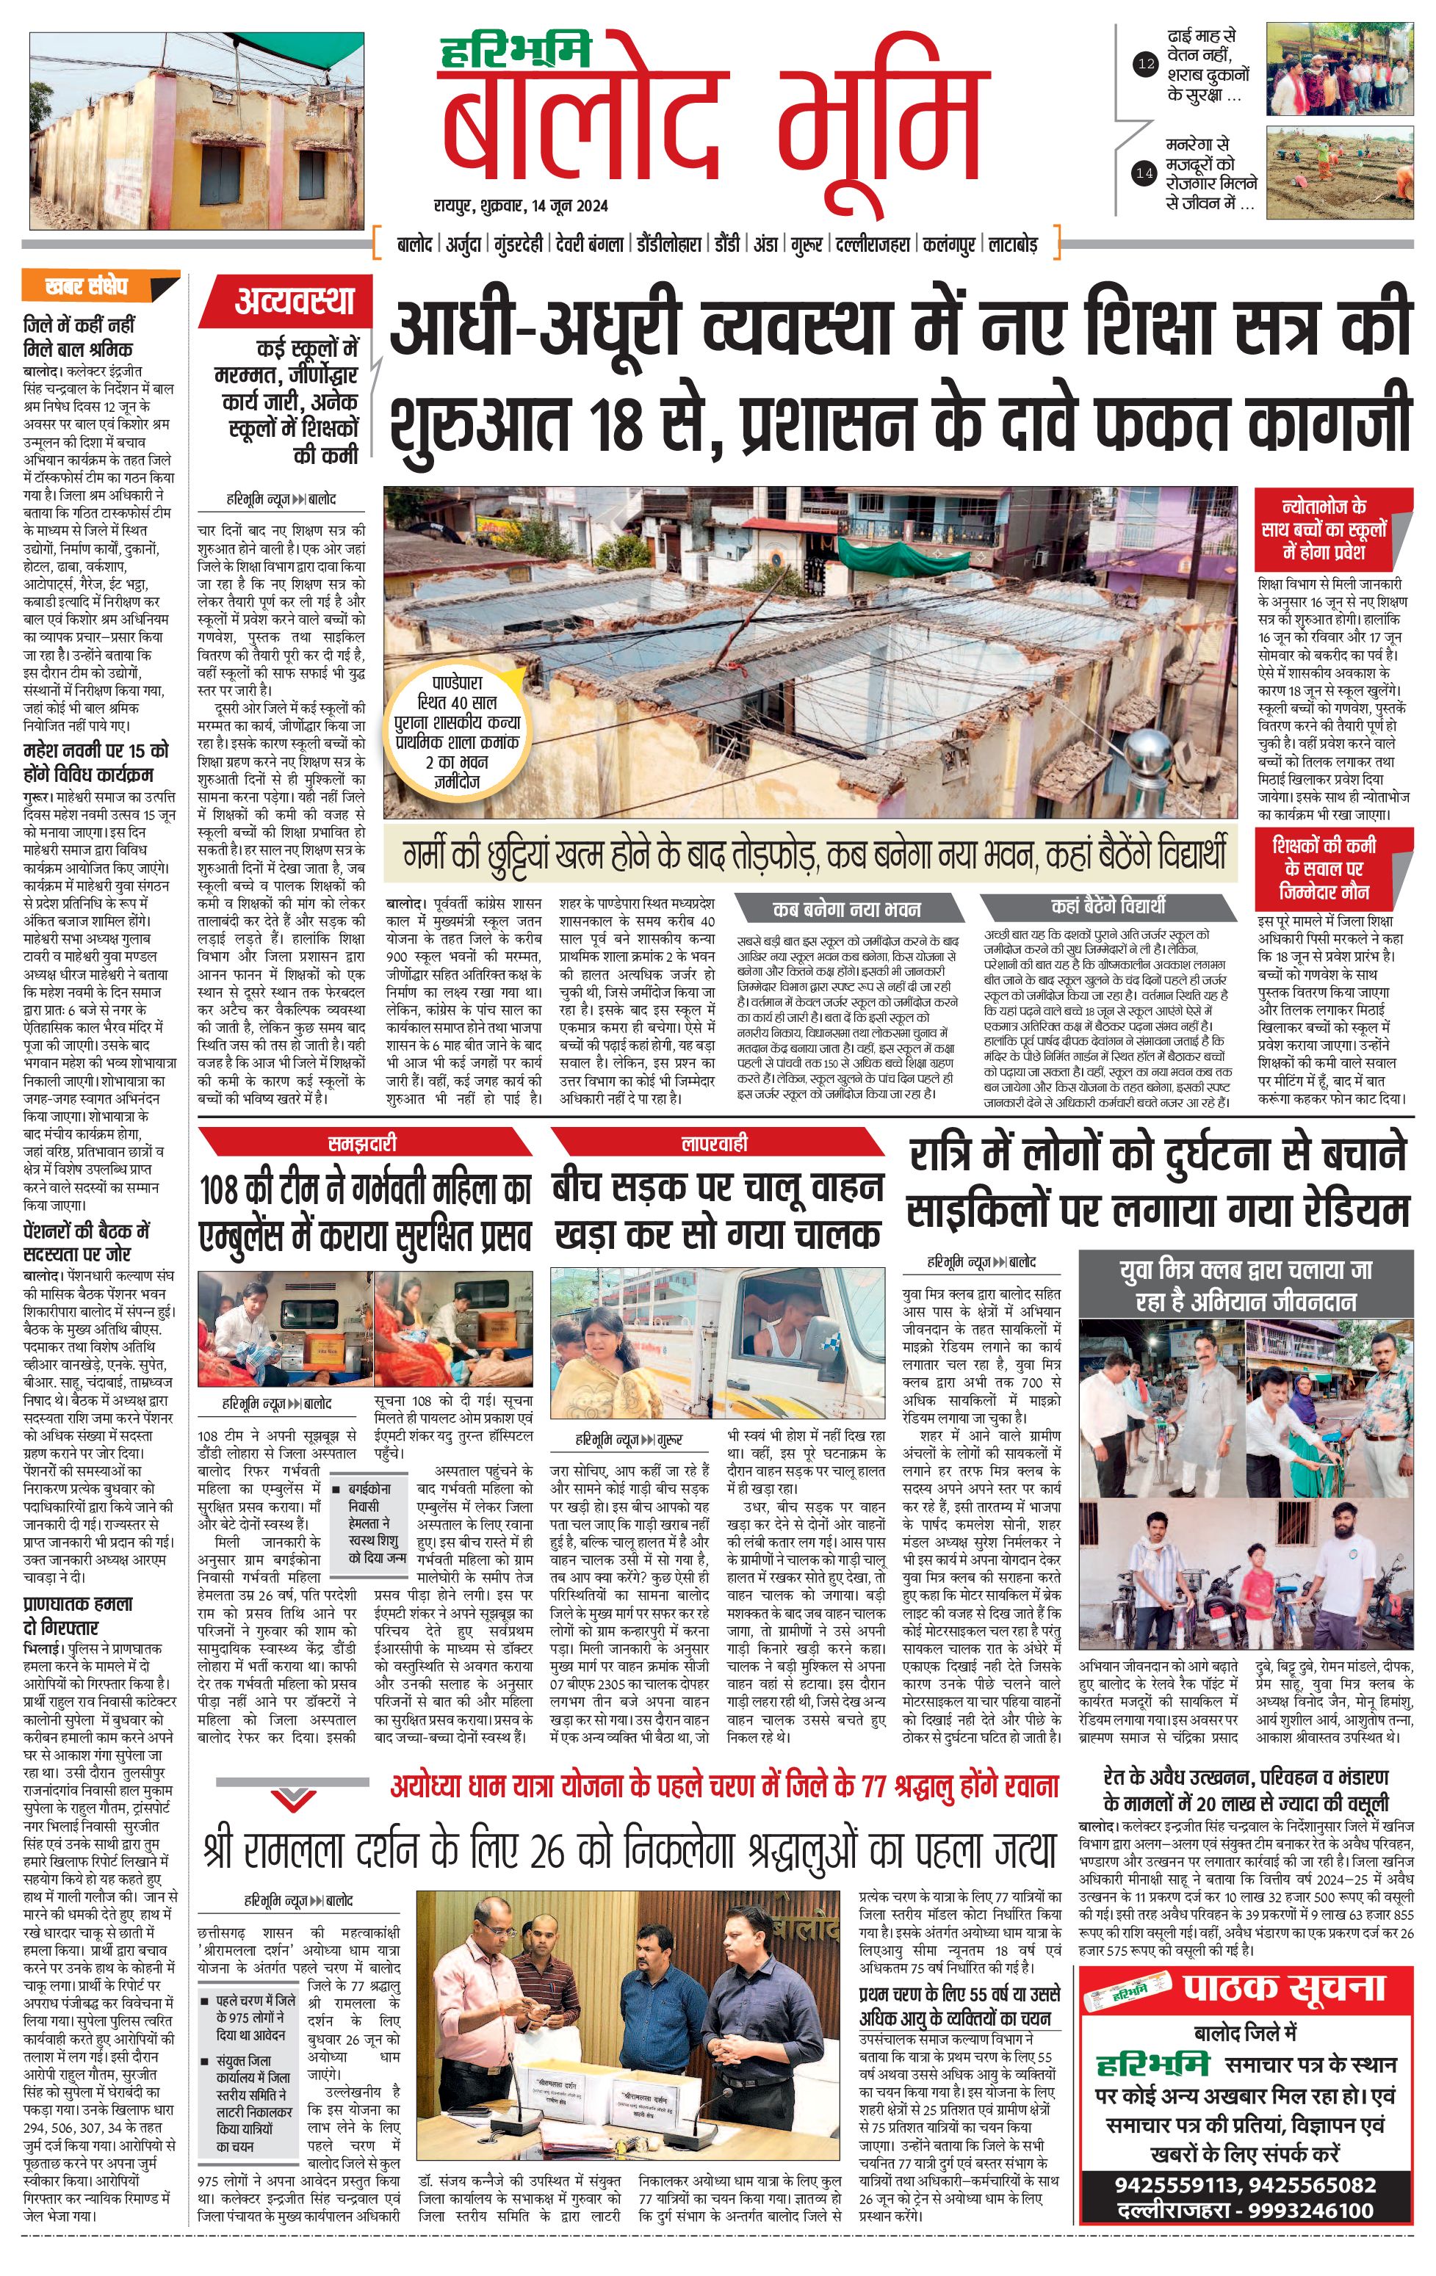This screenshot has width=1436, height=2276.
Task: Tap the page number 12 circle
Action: click(x=1145, y=65)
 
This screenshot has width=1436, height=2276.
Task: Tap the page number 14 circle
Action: click(x=1145, y=173)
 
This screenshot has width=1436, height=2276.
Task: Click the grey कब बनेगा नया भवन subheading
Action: click(x=846, y=908)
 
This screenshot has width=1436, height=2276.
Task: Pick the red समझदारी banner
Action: click(x=362, y=1142)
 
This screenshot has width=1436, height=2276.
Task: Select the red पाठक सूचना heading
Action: click(x=1283, y=1986)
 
